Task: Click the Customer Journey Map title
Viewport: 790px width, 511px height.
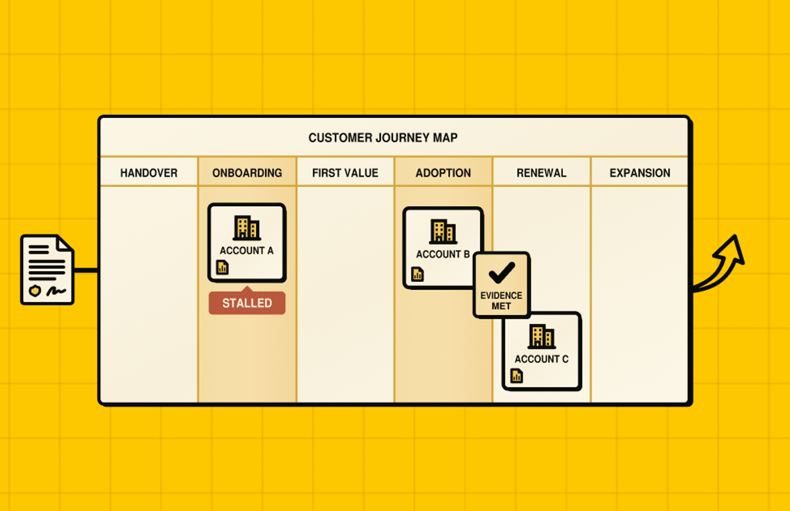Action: click(383, 138)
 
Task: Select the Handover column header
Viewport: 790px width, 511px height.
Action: click(149, 173)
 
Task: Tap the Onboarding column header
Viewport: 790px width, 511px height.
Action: click(247, 173)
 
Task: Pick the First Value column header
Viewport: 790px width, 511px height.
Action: click(345, 173)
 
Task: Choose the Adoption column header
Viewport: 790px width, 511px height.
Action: click(443, 173)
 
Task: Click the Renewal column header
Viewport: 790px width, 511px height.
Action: click(541, 173)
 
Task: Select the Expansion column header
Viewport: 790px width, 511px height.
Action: click(640, 173)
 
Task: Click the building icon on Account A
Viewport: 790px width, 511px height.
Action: click(247, 228)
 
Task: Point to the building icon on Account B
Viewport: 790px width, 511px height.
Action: click(443, 232)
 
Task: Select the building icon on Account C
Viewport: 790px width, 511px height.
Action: click(542, 336)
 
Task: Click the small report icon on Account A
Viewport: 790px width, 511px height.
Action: click(222, 267)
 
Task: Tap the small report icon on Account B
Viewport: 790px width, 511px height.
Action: click(418, 274)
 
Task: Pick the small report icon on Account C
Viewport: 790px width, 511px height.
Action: click(516, 376)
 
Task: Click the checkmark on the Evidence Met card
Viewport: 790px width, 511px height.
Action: click(502, 272)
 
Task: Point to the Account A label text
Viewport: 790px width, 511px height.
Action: click(246, 250)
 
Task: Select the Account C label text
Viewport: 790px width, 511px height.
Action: click(542, 359)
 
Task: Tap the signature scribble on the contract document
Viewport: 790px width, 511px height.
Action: click(56, 291)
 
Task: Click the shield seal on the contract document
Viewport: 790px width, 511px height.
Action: click(35, 291)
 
